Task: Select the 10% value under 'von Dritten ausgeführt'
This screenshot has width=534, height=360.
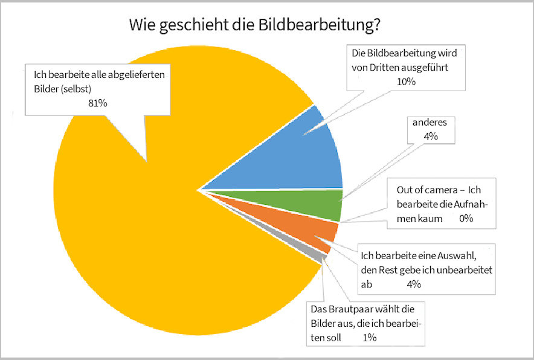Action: [407, 82]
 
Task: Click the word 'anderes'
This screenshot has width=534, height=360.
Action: [429, 123]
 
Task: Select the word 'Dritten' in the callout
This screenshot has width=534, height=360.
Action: [385, 67]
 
